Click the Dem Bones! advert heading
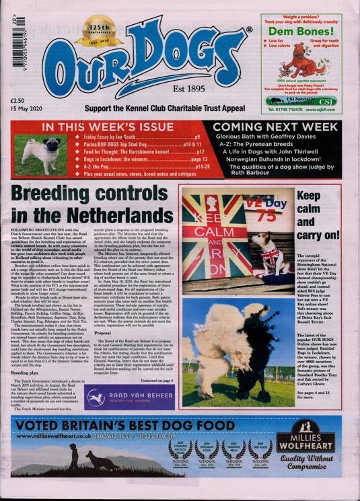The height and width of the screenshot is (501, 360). pos(300,30)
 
